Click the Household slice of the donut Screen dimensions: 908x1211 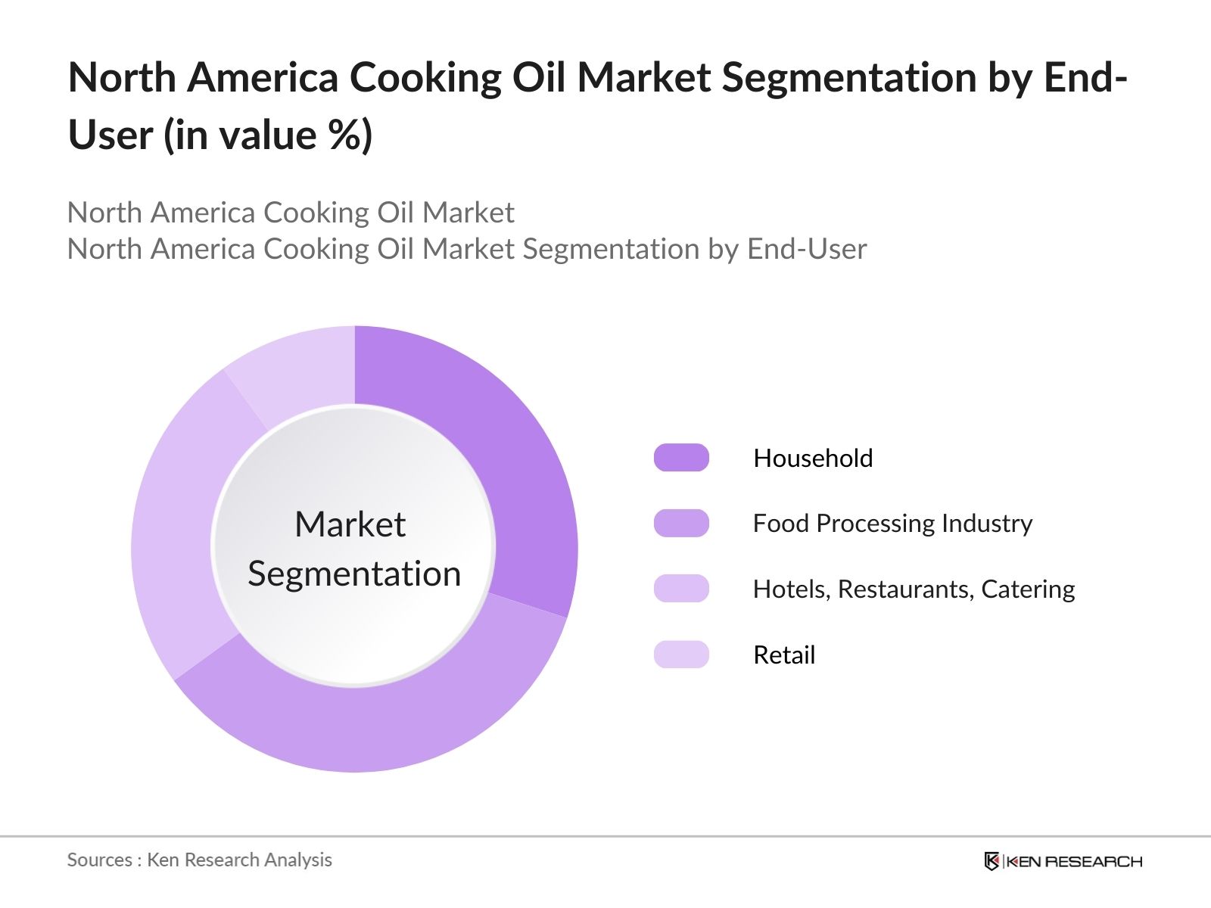click(x=515, y=469)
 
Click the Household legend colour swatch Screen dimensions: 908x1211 click(x=681, y=458)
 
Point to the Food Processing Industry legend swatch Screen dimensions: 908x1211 click(x=681, y=523)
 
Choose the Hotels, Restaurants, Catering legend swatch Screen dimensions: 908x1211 click(x=681, y=589)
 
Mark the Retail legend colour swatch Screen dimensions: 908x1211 click(x=681, y=655)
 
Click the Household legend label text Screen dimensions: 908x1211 click(x=813, y=458)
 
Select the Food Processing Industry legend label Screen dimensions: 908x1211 click(x=892, y=523)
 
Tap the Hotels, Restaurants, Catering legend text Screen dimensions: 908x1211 click(x=914, y=589)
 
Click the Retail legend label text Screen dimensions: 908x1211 click(x=784, y=655)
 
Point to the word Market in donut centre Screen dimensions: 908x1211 click(x=350, y=524)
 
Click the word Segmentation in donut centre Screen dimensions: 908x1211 click(x=354, y=574)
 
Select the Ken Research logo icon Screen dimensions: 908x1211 click(x=992, y=861)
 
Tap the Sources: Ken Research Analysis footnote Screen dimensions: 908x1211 click(x=200, y=860)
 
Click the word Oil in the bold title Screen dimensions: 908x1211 click(x=538, y=77)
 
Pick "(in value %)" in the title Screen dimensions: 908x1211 click(x=268, y=135)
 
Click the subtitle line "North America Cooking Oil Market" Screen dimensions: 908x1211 click(x=291, y=213)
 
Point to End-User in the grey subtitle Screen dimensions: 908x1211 click(x=806, y=249)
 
